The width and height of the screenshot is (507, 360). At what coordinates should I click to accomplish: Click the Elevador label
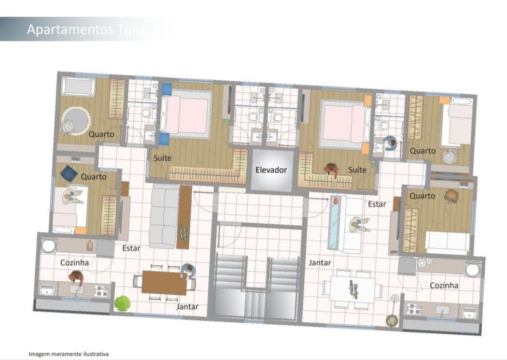pos(271,170)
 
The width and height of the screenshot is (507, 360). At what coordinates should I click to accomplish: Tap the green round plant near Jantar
pos(122,304)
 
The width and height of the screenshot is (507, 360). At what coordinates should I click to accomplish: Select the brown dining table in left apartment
pos(164,283)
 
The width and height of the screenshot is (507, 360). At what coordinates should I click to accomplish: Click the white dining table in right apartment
pos(353,289)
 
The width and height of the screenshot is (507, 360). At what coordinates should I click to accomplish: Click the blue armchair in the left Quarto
pos(69,174)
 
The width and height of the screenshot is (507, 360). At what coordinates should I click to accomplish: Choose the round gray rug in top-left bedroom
pos(76,121)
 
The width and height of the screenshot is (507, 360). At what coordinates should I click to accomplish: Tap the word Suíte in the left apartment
pos(162,158)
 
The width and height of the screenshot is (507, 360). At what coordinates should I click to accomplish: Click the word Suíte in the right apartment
pos(357,170)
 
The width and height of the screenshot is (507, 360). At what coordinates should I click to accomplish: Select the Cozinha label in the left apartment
pos(74,263)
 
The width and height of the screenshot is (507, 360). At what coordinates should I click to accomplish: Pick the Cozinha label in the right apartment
pos(444,285)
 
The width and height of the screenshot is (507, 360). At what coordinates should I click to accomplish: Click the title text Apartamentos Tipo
pos(85,30)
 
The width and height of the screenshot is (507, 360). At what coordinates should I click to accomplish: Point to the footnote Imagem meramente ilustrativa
pos(68,354)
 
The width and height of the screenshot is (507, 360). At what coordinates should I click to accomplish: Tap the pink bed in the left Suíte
pos(185,114)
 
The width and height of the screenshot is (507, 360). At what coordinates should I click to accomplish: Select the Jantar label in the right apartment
pos(320,263)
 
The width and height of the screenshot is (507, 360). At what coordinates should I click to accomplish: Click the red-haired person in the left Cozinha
pos(76,278)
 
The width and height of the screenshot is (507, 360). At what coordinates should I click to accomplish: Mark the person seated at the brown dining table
pos(188,271)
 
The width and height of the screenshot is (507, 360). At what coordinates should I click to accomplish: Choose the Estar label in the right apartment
pos(377,204)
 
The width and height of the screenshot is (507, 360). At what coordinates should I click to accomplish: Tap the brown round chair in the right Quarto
pos(452,196)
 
